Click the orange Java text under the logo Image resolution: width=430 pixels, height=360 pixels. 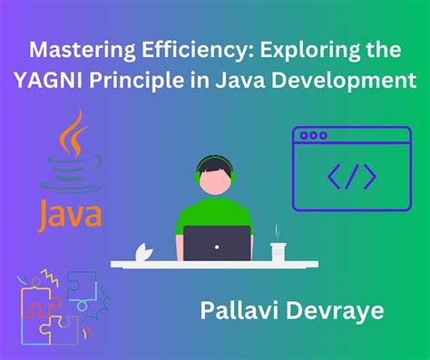71,214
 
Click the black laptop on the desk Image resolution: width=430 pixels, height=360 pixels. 218,243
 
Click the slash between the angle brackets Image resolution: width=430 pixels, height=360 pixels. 351,176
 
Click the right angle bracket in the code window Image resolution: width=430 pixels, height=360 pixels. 368,176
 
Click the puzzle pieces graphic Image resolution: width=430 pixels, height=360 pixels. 54,314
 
